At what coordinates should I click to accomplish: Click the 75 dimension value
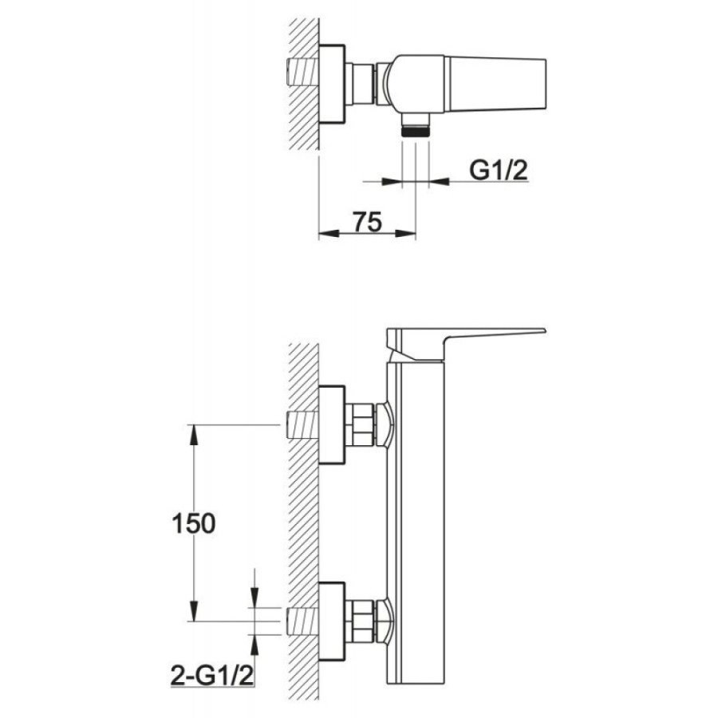click(367, 222)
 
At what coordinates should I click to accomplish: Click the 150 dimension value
click(193, 524)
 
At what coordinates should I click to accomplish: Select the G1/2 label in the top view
click(499, 171)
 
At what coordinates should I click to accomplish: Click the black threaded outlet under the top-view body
click(416, 132)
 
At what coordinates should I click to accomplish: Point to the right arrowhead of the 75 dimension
click(406, 234)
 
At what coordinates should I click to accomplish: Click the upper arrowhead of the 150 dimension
click(194, 435)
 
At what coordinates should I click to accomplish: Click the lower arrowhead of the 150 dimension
click(194, 611)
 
